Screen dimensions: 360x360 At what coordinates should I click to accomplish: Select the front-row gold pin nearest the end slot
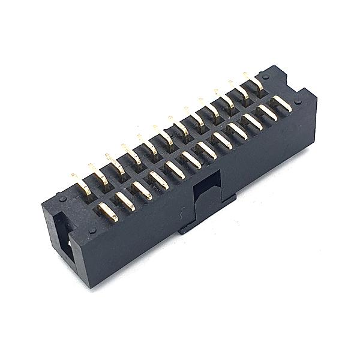tap(108, 211)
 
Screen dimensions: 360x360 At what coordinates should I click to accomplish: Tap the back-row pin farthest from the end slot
tap(256, 82)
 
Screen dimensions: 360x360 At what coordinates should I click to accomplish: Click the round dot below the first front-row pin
tap(92, 230)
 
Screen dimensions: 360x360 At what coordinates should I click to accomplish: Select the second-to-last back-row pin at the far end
tap(241, 91)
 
